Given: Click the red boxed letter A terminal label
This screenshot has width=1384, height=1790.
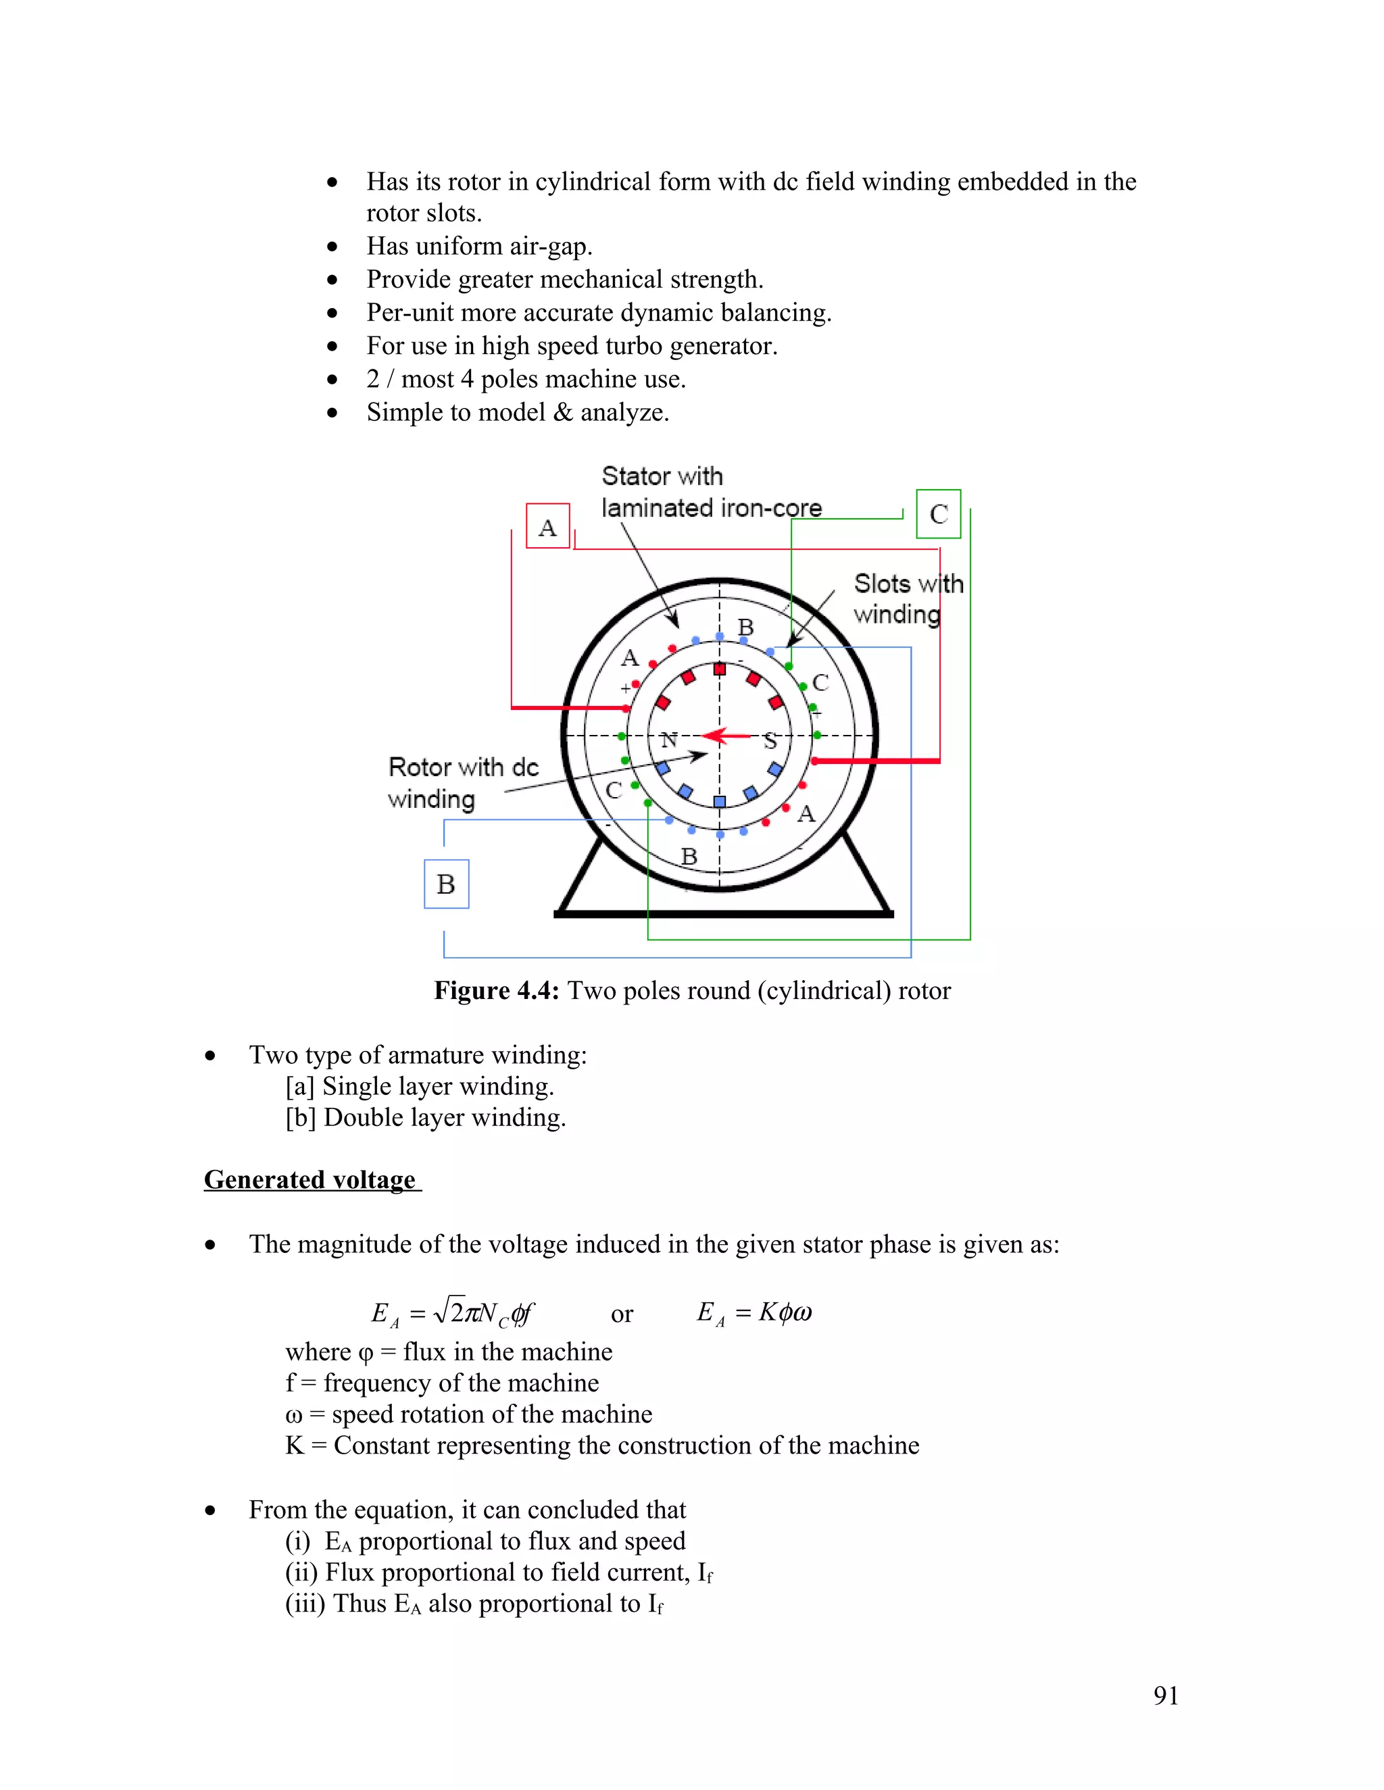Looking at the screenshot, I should click(547, 527).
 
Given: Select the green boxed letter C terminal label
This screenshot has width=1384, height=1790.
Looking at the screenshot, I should click(939, 514).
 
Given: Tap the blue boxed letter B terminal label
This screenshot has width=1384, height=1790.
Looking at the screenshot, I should click(446, 884).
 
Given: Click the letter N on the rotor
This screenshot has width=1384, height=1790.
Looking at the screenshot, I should click(670, 740).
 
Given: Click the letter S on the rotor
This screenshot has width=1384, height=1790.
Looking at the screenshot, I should click(770, 741).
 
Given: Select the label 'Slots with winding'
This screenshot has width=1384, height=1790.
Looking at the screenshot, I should click(908, 598).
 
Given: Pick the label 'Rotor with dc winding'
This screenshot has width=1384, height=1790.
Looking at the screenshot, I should click(463, 783).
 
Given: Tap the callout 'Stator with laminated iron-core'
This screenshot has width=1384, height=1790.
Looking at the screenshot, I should click(710, 492).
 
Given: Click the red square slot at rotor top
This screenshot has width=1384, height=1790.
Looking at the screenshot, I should click(720, 669).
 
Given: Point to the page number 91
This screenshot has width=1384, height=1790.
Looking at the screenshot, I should click(1166, 1695).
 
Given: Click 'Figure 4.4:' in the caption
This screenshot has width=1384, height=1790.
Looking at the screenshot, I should click(497, 991).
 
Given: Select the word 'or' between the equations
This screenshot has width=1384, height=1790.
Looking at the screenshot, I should click(622, 1314).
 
